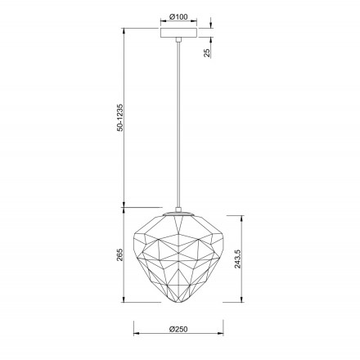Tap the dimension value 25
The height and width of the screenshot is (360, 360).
point(207,52)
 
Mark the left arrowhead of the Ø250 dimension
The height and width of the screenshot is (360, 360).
point(136,335)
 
